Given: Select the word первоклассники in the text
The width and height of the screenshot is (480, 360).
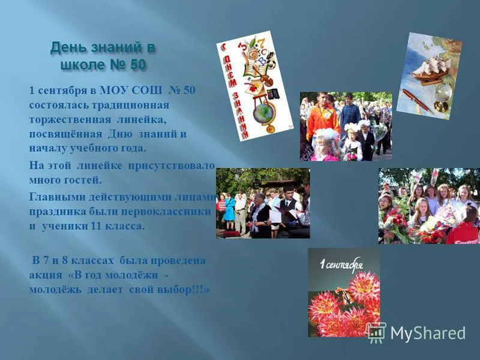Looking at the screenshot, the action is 166,212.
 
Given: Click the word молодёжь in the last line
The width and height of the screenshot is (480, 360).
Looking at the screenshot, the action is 55,289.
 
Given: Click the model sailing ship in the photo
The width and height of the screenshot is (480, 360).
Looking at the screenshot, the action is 432,70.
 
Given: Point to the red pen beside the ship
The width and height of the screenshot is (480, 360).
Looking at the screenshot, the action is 418,100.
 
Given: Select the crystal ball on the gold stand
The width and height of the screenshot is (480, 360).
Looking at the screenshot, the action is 443,97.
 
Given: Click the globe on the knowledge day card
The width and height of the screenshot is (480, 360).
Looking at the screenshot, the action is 263,113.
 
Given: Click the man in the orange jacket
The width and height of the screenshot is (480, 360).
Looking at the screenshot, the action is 322,118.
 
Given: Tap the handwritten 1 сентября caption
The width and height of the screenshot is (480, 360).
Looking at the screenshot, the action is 341,264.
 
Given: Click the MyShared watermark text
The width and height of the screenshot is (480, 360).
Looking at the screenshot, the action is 428,333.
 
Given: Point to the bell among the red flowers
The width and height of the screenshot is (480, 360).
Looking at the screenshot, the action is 346,295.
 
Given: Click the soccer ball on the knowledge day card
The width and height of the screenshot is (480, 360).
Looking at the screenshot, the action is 272,64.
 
